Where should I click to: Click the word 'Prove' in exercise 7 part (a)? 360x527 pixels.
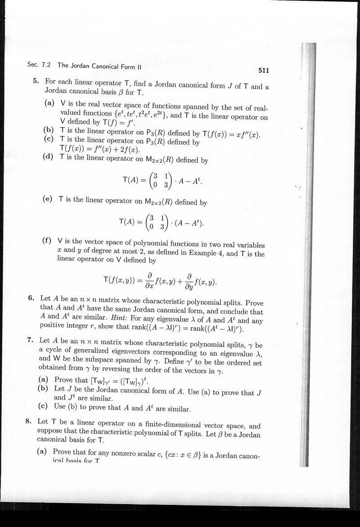[64, 380]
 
